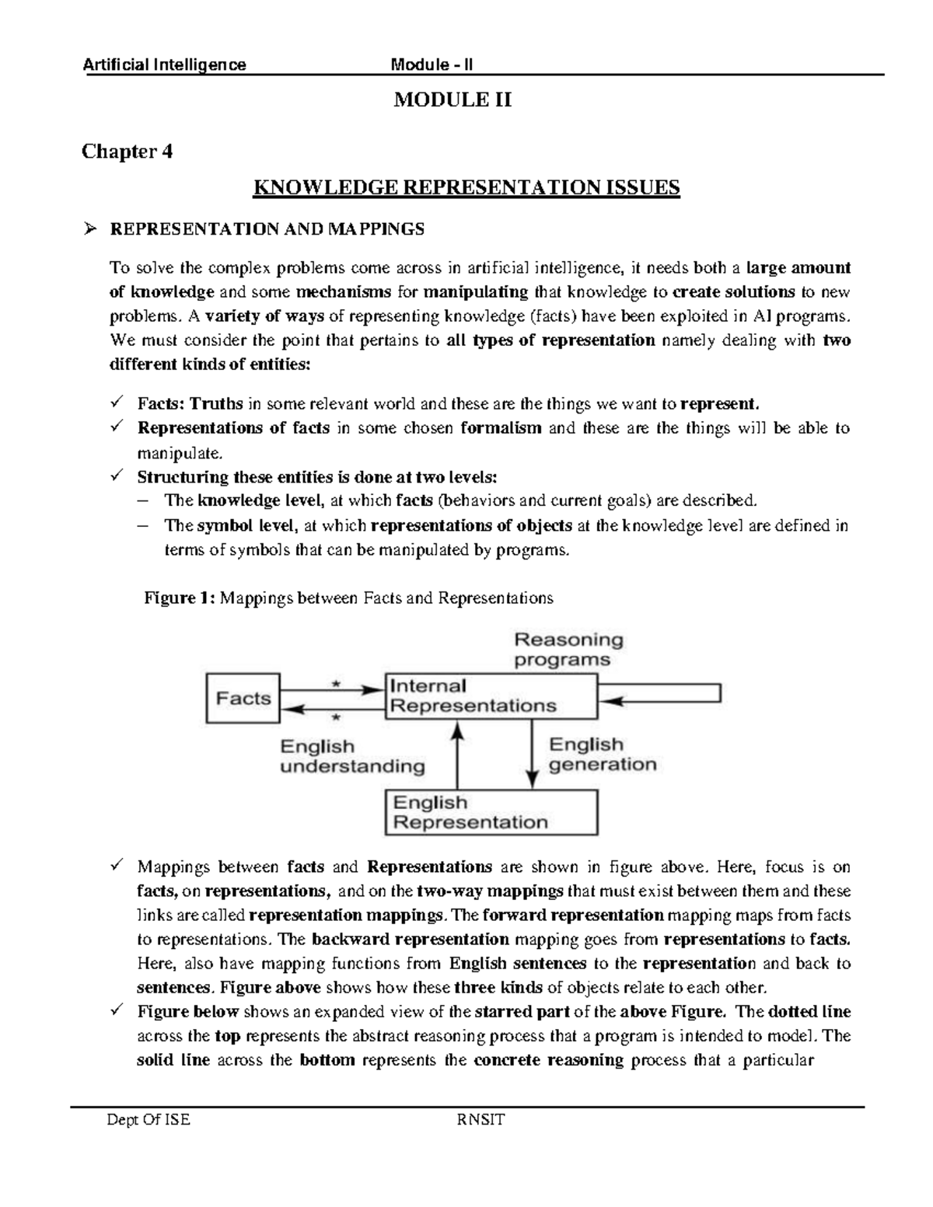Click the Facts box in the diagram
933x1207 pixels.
point(243,698)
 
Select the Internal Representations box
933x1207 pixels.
point(491,696)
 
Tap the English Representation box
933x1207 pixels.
point(491,812)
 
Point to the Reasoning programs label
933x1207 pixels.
point(568,650)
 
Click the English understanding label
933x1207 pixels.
point(351,756)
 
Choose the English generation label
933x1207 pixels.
point(602,755)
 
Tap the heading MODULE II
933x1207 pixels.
point(453,100)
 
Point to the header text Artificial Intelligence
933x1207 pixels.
point(164,65)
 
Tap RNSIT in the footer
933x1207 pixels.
point(482,1120)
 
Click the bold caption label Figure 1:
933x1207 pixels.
point(180,598)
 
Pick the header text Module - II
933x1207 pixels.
point(432,65)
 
